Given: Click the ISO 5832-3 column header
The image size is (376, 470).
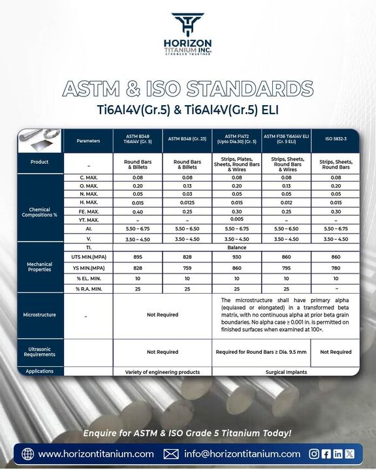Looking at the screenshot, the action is [336, 140].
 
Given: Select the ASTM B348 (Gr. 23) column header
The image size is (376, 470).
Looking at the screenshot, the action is [187, 140].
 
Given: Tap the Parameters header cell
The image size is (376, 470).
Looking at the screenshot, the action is [88, 140].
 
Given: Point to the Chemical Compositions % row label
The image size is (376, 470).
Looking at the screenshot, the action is [40, 211].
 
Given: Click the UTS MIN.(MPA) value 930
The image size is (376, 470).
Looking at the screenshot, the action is [237, 258].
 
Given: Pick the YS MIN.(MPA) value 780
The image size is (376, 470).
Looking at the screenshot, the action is [336, 268].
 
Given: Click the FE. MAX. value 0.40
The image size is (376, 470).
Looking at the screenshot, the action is [138, 211].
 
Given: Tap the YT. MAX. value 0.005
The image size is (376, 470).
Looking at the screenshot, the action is [237, 221].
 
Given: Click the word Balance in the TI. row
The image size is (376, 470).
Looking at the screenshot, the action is [237, 248].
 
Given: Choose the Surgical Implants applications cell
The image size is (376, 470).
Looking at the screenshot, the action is [286, 371].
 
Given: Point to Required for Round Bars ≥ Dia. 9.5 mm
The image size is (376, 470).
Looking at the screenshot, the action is [262, 352].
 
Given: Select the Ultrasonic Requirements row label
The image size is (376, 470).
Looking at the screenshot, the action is [40, 352].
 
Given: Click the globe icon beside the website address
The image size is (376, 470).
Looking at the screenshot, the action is [27, 454].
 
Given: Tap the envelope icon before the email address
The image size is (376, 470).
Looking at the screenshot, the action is [171, 454].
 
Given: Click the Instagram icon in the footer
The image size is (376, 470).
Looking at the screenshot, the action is [314, 454].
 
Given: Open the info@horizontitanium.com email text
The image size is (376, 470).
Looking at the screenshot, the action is [242, 454].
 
